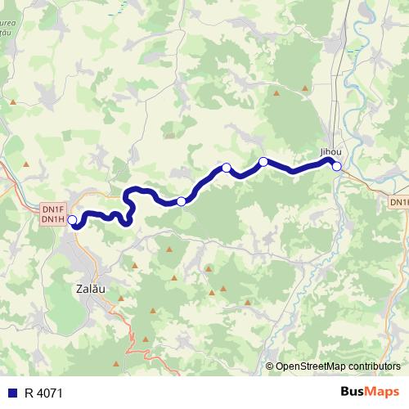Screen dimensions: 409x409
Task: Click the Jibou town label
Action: (330, 152)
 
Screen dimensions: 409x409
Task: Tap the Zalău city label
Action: (89, 289)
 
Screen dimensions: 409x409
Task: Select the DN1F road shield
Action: (52, 209)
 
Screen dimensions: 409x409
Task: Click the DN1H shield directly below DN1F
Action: (52, 219)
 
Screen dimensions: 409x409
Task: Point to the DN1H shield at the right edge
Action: (399, 201)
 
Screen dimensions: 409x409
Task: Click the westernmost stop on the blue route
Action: (72, 220)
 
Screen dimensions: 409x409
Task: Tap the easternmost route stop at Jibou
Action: (336, 166)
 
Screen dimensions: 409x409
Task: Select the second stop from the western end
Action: (181, 201)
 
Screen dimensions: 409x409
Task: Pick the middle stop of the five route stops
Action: (226, 168)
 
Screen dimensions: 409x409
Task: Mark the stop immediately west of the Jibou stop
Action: (263, 162)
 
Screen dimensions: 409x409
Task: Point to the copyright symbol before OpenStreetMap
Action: (270, 366)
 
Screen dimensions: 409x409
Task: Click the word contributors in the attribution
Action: (371, 366)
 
